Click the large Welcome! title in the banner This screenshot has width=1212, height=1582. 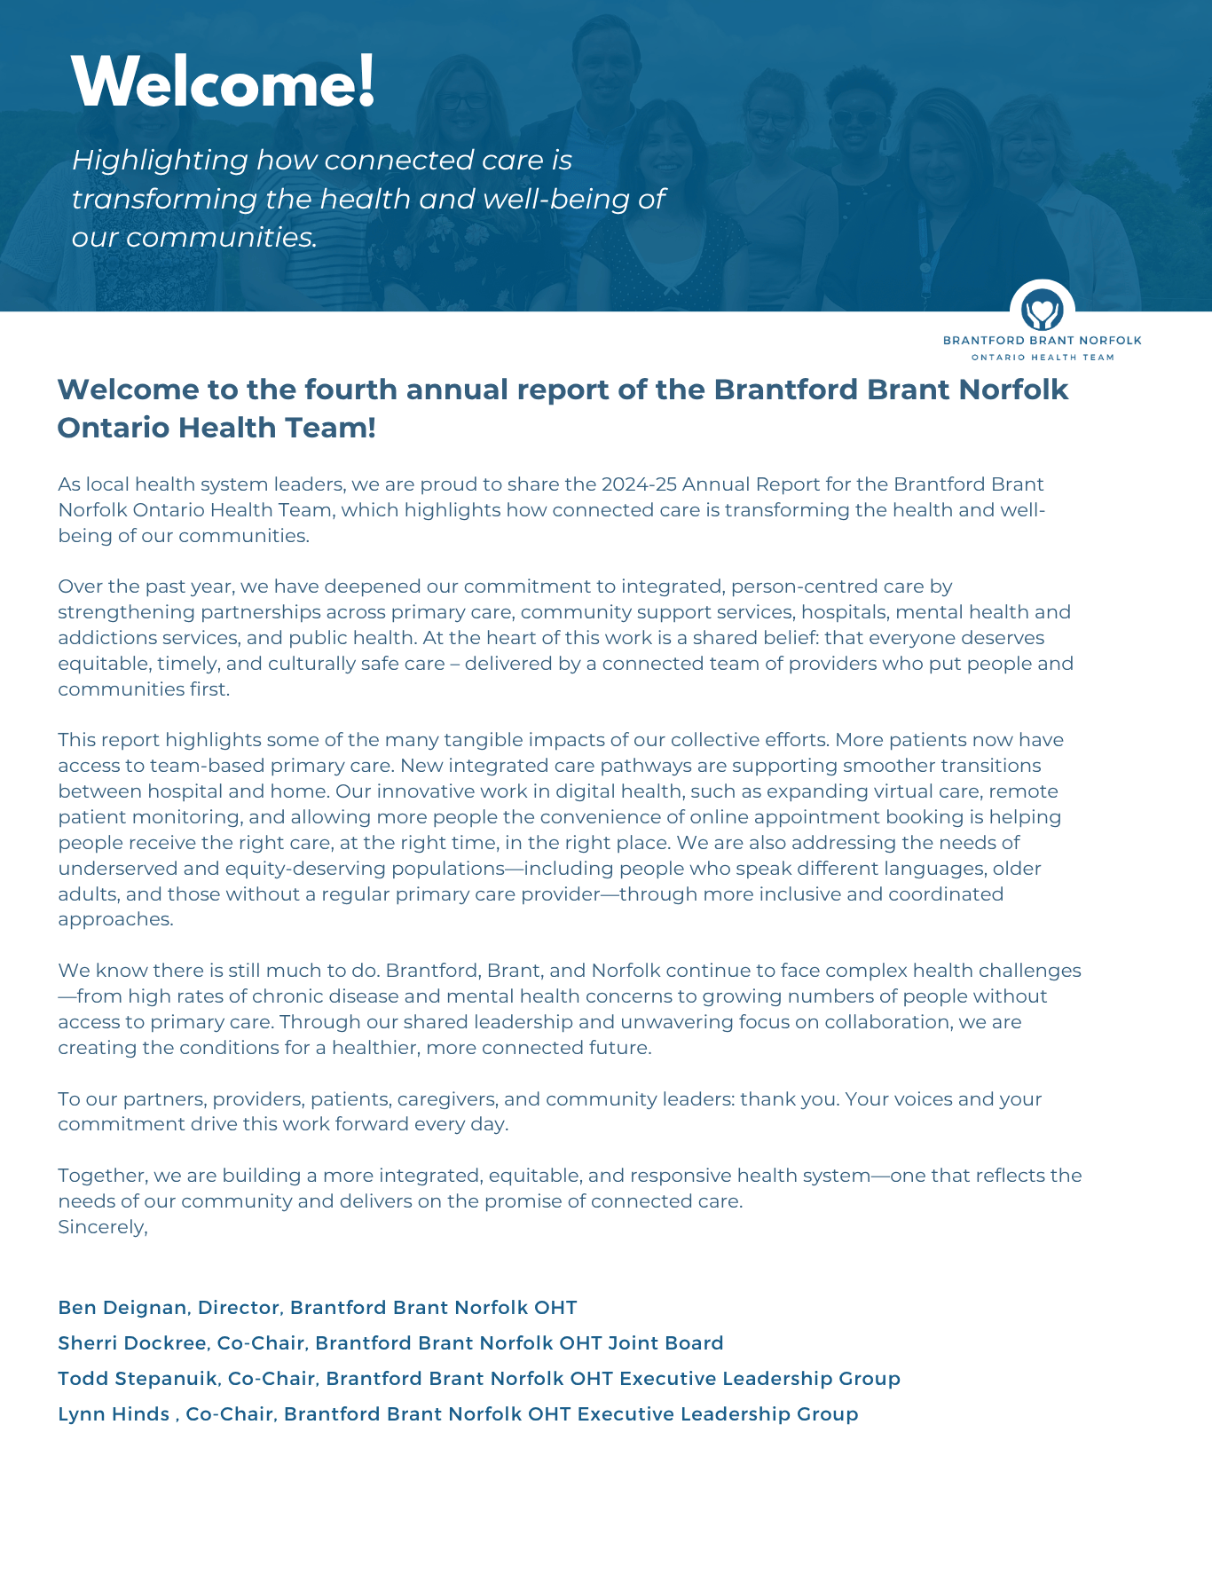point(224,83)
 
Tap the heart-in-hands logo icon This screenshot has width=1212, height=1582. point(1042,311)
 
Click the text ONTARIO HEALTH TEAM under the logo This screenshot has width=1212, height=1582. point(1043,358)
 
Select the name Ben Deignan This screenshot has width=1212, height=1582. point(122,1308)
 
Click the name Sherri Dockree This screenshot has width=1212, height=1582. point(131,1343)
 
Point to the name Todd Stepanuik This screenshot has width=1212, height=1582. point(137,1379)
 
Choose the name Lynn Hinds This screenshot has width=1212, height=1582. point(114,1414)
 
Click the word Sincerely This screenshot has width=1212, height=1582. point(101,1227)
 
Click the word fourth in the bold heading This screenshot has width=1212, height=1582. point(357,390)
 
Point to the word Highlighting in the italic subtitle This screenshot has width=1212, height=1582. point(160,161)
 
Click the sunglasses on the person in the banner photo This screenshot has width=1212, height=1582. point(855,119)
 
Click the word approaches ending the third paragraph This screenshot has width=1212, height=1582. point(114,919)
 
